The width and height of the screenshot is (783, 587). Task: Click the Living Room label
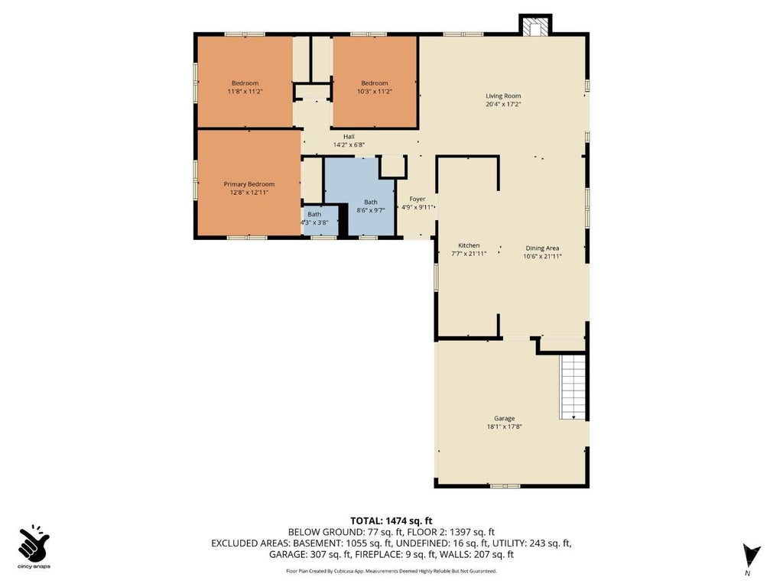(x=503, y=96)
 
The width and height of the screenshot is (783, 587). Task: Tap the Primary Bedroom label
(x=249, y=184)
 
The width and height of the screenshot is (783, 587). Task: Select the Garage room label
(x=505, y=418)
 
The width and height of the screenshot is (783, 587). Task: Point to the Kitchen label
(x=469, y=245)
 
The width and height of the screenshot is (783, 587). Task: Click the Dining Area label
(x=542, y=248)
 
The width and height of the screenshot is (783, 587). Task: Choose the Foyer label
(x=417, y=199)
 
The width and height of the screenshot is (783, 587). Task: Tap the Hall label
(x=349, y=136)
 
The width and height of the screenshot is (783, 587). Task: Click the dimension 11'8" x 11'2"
(x=245, y=92)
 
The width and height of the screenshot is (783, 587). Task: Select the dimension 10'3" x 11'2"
(x=374, y=92)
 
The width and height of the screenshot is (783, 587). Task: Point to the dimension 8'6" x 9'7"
(x=371, y=210)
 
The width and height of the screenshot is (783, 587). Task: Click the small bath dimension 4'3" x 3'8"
(x=314, y=222)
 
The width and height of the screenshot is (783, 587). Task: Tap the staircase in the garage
(x=573, y=387)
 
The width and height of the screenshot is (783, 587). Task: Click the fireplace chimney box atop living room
(x=535, y=25)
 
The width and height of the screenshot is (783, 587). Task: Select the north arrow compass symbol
(x=751, y=556)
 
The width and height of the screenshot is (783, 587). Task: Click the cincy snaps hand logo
(x=34, y=543)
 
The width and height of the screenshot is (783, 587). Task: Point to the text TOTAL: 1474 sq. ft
(x=391, y=521)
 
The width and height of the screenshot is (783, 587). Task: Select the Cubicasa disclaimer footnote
(x=391, y=571)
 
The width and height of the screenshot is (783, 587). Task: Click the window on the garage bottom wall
(x=505, y=485)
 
